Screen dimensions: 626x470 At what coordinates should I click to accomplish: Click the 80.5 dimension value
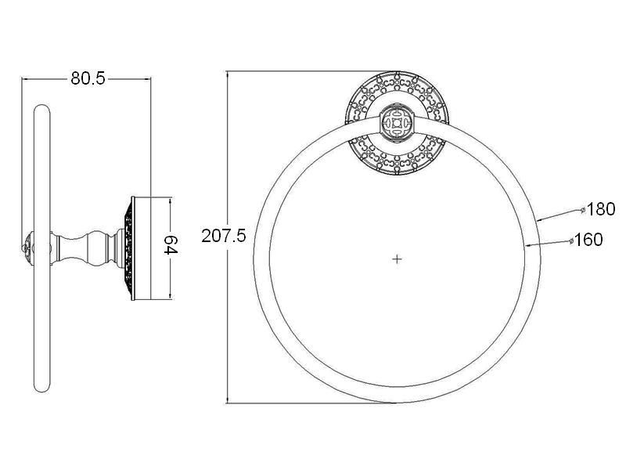(88, 78)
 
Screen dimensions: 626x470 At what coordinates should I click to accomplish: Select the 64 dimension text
(171, 244)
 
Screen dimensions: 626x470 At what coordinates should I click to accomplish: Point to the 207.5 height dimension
(224, 236)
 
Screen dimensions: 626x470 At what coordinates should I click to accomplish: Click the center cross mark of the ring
(397, 259)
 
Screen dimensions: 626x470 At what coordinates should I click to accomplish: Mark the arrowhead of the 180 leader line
(540, 219)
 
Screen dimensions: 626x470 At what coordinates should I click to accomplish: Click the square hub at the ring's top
(397, 123)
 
